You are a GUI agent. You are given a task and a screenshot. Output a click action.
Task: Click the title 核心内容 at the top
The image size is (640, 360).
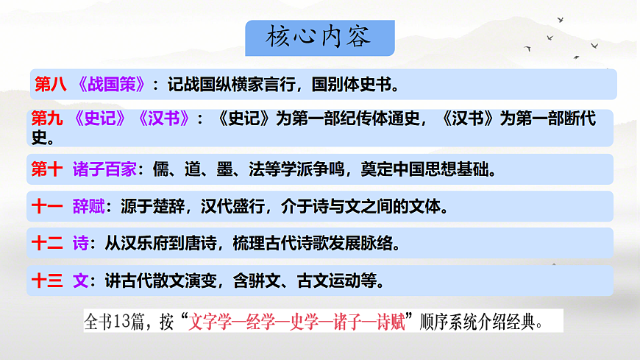click(x=319, y=38)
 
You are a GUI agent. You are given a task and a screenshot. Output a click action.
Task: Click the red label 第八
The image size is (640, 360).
click(x=50, y=85)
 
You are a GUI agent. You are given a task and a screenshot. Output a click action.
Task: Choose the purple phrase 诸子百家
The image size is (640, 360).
click(x=104, y=169)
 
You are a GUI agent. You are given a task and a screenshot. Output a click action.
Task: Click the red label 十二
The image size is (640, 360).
click(x=47, y=244)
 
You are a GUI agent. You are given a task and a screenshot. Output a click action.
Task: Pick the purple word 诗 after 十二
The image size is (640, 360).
click(x=81, y=244)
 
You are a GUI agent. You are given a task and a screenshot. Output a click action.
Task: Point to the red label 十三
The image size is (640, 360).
click(x=47, y=280)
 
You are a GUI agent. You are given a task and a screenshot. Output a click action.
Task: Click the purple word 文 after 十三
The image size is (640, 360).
click(x=81, y=280)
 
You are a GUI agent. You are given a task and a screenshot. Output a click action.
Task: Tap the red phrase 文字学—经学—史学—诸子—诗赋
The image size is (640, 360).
click(x=298, y=322)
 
